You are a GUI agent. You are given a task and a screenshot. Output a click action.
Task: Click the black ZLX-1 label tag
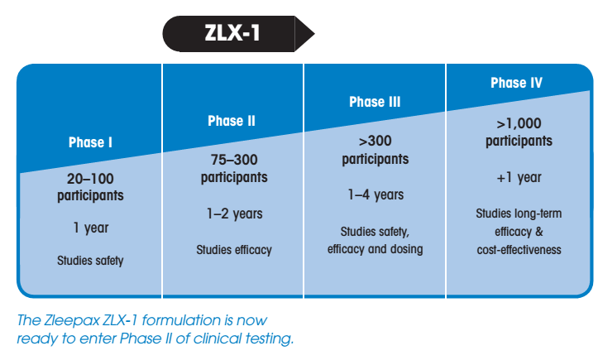238,34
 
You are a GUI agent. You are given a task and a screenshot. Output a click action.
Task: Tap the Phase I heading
90,142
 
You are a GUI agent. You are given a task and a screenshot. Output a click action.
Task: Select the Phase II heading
232,121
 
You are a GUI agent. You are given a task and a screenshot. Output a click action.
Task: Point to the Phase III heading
375,102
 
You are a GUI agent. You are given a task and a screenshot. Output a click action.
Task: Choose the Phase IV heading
516,83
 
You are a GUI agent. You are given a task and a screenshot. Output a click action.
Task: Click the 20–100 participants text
90,187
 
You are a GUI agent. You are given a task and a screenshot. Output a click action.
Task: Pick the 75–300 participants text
234,168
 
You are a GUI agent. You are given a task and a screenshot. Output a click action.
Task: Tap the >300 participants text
376,150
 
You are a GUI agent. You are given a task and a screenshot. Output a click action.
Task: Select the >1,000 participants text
519,132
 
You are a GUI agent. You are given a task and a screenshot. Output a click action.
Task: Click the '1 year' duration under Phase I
91,228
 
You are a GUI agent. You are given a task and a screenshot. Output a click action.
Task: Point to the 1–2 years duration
235,214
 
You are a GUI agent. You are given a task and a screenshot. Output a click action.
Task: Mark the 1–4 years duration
376,195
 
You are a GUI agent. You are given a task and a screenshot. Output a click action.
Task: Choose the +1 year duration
519,178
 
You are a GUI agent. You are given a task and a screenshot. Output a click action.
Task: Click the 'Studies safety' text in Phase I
90,261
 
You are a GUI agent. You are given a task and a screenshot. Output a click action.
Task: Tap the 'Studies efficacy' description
234,250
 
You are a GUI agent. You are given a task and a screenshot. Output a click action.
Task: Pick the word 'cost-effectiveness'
519,250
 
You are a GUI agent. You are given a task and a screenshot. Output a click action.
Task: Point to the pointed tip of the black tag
314,34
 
